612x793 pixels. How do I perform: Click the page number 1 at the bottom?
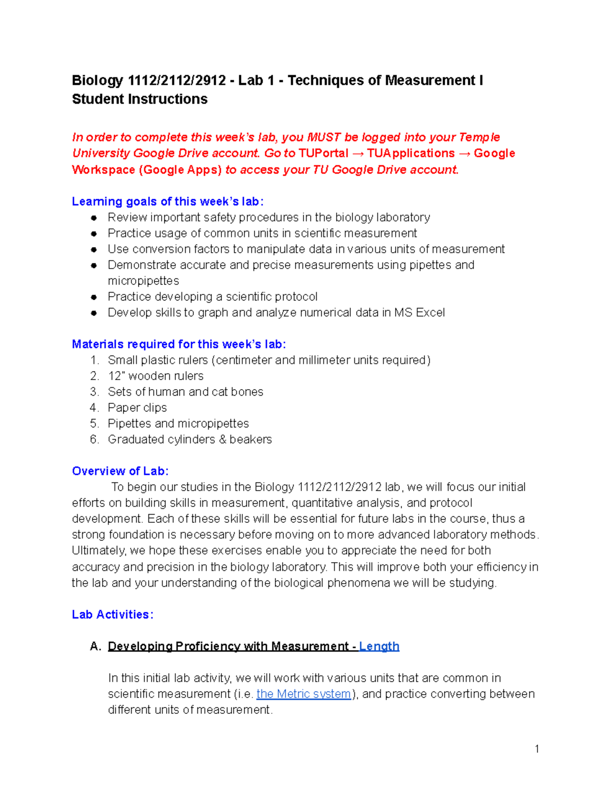(537, 749)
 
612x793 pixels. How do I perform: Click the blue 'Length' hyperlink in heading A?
(379, 646)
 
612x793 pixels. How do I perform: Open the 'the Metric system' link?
(303, 694)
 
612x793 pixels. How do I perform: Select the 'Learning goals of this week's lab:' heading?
(168, 202)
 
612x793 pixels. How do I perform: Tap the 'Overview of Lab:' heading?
(120, 471)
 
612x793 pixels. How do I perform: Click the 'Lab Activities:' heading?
(112, 614)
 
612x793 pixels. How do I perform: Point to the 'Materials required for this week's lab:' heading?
(178, 344)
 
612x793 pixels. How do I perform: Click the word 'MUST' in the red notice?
(324, 137)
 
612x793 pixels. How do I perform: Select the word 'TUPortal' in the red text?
(323, 153)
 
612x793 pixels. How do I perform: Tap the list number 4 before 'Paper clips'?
(94, 407)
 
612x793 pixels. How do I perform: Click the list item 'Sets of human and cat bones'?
(185, 392)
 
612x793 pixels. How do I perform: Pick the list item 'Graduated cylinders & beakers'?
(190, 439)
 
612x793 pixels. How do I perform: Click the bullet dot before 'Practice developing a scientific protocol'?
(94, 297)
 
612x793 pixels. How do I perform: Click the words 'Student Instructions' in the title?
(140, 99)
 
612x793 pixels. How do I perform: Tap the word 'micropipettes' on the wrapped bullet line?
(143, 281)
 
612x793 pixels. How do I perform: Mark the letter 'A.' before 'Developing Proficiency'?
(95, 646)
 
